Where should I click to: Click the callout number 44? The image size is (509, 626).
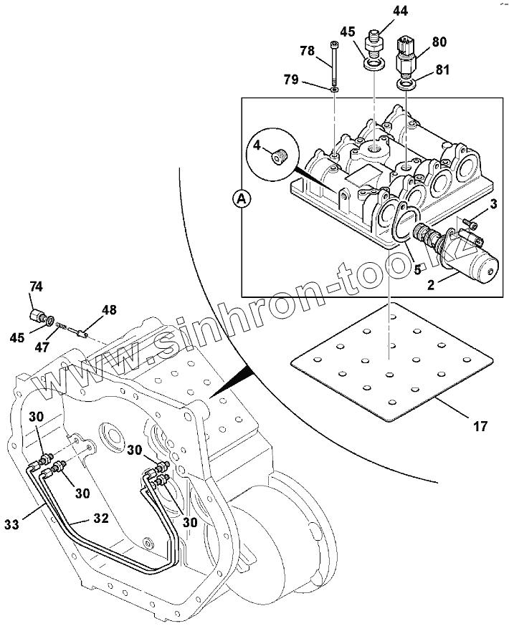tap(400, 11)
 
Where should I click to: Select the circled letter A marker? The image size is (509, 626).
tap(241, 199)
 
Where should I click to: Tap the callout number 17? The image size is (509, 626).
tap(480, 426)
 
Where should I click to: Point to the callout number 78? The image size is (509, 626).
tap(308, 51)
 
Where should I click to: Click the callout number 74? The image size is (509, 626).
tap(36, 286)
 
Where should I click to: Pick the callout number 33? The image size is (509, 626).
tap(12, 524)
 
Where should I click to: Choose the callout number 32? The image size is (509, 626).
tap(101, 519)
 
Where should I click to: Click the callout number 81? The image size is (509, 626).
tap(442, 70)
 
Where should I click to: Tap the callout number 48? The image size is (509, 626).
tap(110, 309)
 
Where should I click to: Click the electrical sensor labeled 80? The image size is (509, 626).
tap(405, 57)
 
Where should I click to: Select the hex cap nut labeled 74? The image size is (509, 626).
tap(37, 316)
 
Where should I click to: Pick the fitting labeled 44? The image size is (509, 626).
tap(374, 43)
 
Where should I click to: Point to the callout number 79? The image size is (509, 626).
tap(291, 80)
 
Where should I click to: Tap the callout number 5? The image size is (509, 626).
tap(417, 270)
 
